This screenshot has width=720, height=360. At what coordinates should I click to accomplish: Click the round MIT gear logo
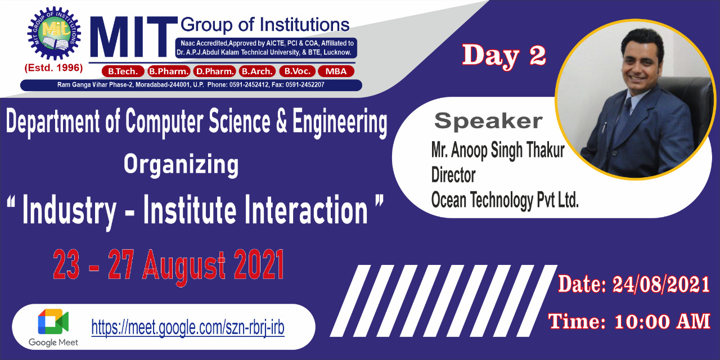coord(54,33)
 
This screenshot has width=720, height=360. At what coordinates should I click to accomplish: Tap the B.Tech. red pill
coord(123,71)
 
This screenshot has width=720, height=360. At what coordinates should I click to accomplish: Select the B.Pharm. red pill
coord(169,71)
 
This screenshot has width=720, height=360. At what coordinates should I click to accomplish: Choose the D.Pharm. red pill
coord(214,71)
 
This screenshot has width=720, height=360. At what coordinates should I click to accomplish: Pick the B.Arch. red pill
coord(257,71)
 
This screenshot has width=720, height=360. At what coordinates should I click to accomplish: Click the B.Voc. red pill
coord(297,71)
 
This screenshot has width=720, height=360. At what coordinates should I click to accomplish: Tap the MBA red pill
coord(336,71)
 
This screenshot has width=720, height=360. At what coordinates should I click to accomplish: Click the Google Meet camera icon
coord(53,322)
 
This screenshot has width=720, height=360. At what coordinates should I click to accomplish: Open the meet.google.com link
coord(188,327)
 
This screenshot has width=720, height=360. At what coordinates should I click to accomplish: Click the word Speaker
coord(488,121)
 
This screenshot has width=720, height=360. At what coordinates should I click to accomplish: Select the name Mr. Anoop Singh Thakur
coord(498,150)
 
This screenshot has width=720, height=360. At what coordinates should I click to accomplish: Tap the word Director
coord(453,175)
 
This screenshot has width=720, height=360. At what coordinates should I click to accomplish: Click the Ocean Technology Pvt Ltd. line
coord(505,200)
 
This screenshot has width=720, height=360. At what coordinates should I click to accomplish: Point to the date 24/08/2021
coord(661,285)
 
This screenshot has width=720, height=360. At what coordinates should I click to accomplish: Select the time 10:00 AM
coord(662,321)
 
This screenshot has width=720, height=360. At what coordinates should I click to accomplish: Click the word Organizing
coord(181,165)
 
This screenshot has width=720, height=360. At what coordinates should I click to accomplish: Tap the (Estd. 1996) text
coord(53,68)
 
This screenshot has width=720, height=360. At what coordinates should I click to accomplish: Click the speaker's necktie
coord(625,118)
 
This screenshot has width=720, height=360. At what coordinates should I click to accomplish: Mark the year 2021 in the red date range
coord(259,265)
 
